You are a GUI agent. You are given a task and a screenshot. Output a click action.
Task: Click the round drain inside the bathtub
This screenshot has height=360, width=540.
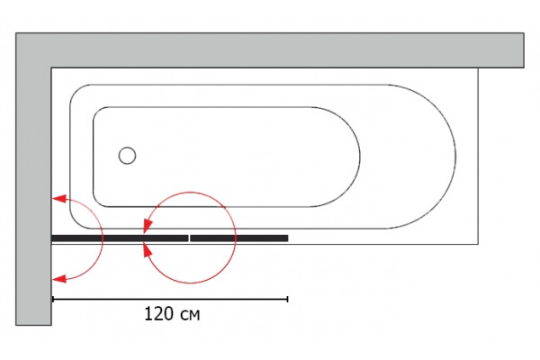tap(127, 156)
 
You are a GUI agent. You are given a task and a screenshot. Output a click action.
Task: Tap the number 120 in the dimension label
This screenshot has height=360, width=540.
tap(158, 314)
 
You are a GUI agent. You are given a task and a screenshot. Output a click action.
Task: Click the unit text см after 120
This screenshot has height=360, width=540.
tap(190, 316)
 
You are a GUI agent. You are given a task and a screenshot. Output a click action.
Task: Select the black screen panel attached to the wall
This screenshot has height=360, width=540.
tap(120, 238)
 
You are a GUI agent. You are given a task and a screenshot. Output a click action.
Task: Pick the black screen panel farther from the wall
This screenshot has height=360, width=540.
tap(239, 238)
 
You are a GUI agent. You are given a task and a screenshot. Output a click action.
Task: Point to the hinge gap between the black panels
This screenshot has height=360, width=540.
tap(189, 238)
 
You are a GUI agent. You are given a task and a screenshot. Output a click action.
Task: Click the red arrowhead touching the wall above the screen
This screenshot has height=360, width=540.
tap(58, 198)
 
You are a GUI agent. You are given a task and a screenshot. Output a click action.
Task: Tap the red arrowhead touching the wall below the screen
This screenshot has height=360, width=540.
tap(58, 279)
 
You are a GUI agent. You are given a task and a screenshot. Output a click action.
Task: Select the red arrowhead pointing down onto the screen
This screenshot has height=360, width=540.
tap(148, 226)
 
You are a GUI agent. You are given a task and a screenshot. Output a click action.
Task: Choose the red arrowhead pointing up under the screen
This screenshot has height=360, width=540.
tap(148, 250)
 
